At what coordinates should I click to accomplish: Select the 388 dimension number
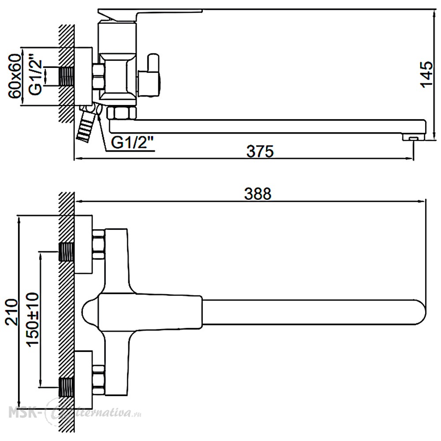click(x=258, y=194)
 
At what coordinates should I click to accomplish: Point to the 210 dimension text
click(x=12, y=312)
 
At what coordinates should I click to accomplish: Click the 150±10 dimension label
click(x=33, y=319)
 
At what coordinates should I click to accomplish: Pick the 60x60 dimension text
click(x=15, y=76)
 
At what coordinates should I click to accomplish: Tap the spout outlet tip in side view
click(x=414, y=137)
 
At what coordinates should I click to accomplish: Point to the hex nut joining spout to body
click(x=122, y=112)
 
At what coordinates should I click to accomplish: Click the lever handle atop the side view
click(x=150, y=15)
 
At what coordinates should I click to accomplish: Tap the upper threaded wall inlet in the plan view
click(x=67, y=252)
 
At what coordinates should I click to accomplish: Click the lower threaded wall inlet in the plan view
click(x=67, y=387)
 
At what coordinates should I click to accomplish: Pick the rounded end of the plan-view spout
click(x=420, y=312)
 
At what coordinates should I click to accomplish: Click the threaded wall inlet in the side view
click(x=67, y=76)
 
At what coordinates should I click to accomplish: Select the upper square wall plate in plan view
click(x=83, y=244)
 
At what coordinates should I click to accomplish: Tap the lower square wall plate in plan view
click(x=83, y=380)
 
